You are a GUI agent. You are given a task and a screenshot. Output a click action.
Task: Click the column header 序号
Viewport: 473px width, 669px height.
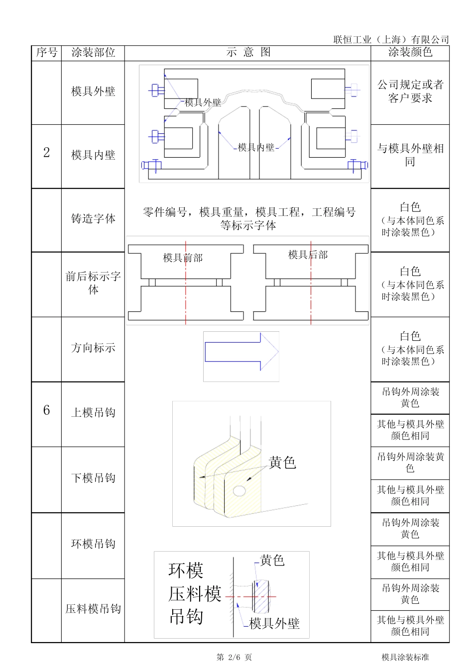[x=46, y=53]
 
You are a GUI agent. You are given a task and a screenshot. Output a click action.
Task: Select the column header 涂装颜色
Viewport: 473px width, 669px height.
[x=410, y=52]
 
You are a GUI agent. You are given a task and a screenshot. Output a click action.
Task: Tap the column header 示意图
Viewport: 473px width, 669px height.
[x=247, y=53]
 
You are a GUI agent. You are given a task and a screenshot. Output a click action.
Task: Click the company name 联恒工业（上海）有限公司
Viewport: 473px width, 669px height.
[x=391, y=39]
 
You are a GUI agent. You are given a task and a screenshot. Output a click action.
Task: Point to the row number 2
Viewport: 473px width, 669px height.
[x=46, y=153]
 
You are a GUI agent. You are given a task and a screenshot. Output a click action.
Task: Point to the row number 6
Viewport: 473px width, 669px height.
[x=46, y=410]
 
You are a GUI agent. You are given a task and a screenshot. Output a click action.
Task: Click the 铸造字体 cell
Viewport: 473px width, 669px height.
[x=93, y=219]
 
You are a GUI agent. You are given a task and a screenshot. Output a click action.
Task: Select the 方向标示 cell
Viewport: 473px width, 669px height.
[x=93, y=348]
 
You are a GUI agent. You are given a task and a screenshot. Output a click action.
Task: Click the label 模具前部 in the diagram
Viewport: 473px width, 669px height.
[x=183, y=258]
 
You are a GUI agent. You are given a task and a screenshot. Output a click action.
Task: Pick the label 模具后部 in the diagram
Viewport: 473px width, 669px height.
[x=308, y=255]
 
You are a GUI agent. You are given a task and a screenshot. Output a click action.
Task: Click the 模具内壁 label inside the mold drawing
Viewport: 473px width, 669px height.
[x=256, y=147]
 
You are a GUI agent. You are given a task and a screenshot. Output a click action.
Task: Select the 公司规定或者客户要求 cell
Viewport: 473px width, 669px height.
[x=410, y=92]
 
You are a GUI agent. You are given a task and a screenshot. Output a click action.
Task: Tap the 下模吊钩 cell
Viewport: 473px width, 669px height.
[x=93, y=478]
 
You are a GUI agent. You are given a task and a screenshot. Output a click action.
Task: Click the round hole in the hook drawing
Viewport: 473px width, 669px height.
[x=239, y=491]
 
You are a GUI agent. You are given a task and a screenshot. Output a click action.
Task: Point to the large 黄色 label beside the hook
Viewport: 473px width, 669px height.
[x=282, y=463]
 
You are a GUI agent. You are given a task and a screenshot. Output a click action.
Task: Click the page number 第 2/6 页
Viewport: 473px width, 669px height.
[x=234, y=657]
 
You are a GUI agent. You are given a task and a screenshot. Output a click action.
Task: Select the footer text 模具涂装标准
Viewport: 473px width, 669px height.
[x=405, y=657]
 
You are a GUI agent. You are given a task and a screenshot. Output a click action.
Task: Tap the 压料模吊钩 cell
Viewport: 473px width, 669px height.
[x=93, y=609]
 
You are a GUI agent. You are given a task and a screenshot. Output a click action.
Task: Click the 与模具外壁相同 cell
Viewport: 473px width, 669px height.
[x=410, y=155]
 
